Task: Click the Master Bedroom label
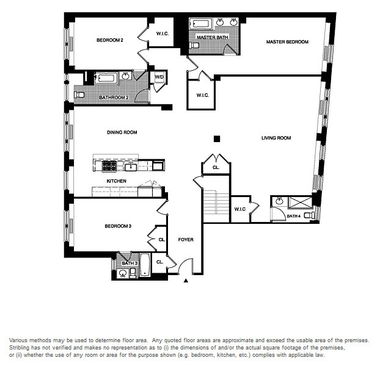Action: pos(287,42)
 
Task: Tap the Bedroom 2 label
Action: pos(110,40)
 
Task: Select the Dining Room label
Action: pos(122,132)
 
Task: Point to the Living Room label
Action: pos(276,138)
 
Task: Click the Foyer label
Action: pos(186,240)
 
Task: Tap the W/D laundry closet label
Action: pos(159,77)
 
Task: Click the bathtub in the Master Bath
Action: pos(200,24)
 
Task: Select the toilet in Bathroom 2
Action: pos(79,95)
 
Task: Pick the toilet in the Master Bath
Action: pos(194,45)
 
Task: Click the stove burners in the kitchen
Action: pos(109,165)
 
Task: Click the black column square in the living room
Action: pos(217,139)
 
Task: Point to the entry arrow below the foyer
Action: pos(186,281)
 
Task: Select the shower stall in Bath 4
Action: pos(300,203)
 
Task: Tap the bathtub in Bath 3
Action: pos(145,264)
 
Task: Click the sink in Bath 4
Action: pos(279,201)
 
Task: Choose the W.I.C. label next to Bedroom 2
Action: pos(163,34)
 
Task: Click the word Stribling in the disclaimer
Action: pos(19,348)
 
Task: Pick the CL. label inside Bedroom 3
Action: pos(162,240)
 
